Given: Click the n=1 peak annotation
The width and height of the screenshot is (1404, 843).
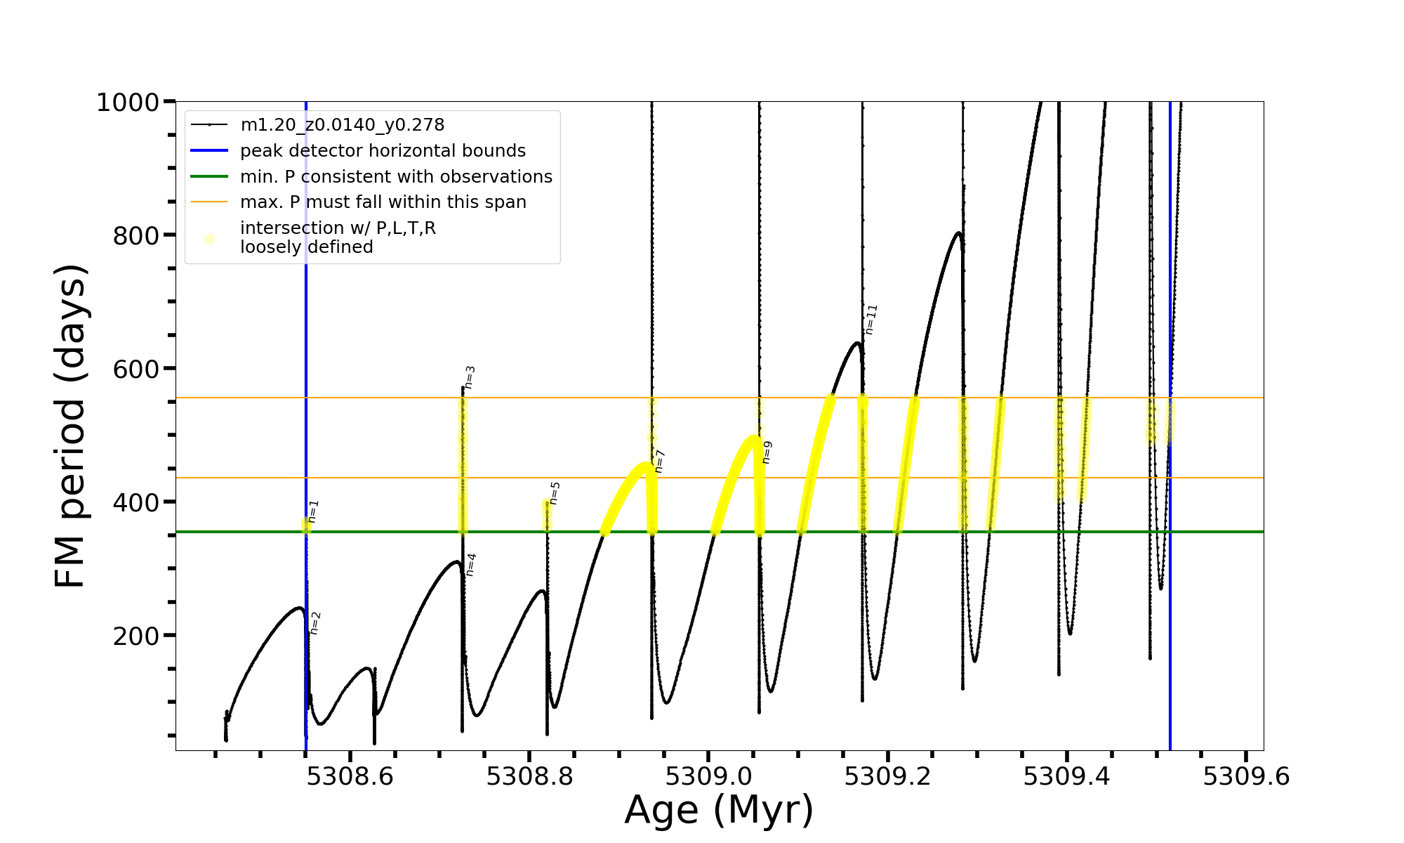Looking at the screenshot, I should pos(314,511).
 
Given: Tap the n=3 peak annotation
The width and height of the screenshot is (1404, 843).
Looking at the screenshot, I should pos(470,377).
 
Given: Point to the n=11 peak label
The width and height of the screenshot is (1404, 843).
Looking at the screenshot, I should pos(871,320).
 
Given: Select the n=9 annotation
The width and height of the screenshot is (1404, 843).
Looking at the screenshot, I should pos(767,452).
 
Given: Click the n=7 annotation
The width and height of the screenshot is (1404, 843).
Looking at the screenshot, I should pos(660,462).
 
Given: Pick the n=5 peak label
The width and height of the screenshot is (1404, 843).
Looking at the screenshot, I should pos(555,493).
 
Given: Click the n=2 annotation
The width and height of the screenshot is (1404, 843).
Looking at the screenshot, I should pos(316,623).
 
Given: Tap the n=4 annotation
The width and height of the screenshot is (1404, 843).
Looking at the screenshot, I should pos(471,565).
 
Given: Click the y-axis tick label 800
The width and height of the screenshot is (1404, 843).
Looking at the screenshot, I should pos(136,235).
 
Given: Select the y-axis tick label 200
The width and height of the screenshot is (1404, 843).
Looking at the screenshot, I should pos(136,636).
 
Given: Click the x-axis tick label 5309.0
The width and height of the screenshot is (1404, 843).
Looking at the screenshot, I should pos(708,776).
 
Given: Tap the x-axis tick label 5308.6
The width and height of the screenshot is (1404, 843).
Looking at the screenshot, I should pos(350,776).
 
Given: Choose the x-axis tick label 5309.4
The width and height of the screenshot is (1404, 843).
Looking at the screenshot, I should pos(1067,776).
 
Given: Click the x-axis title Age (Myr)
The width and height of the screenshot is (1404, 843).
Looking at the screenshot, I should pos(719,809).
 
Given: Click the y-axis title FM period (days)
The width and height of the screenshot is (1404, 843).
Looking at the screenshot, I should pos(70,426).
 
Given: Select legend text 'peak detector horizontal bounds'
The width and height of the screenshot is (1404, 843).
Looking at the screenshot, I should pos(383,151).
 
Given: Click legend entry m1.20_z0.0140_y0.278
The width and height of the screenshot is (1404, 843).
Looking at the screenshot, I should pos(343,125).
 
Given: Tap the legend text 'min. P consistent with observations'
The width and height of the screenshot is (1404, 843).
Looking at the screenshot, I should pos(396,176).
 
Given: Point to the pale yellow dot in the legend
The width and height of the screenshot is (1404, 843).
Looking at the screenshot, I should pos(209,239).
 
